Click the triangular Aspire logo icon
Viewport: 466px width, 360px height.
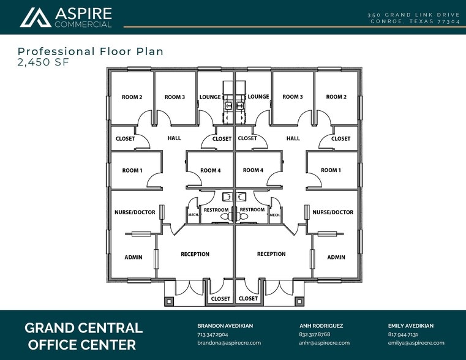coord(36,18)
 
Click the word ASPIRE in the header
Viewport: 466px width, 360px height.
coord(83,13)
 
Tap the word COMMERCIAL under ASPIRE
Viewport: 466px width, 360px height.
coord(83,24)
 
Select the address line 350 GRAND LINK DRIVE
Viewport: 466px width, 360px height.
coord(414,15)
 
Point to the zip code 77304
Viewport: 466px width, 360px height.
coord(448,21)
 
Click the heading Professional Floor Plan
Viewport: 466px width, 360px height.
coord(91,51)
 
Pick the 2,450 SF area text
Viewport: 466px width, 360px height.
coord(43,62)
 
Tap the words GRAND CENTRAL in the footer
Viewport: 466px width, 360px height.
coord(83,328)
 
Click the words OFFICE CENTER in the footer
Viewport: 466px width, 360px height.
coord(82,345)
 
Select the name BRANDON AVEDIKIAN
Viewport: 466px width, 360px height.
coord(225,326)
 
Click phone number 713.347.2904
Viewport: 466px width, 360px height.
coord(212,334)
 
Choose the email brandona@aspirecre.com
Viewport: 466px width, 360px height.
coord(229,343)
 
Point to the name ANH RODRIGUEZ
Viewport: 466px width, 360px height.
coord(321,326)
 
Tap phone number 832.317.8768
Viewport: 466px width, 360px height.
coord(315,334)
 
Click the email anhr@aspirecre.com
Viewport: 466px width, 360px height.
coord(324,343)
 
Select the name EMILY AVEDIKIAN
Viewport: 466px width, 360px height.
coord(411,326)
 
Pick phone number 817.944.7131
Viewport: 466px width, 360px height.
coord(403,334)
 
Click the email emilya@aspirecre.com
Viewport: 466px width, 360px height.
coord(416,343)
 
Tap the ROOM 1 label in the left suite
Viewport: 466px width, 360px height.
coord(132,170)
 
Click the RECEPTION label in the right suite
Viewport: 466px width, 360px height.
coord(271,254)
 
